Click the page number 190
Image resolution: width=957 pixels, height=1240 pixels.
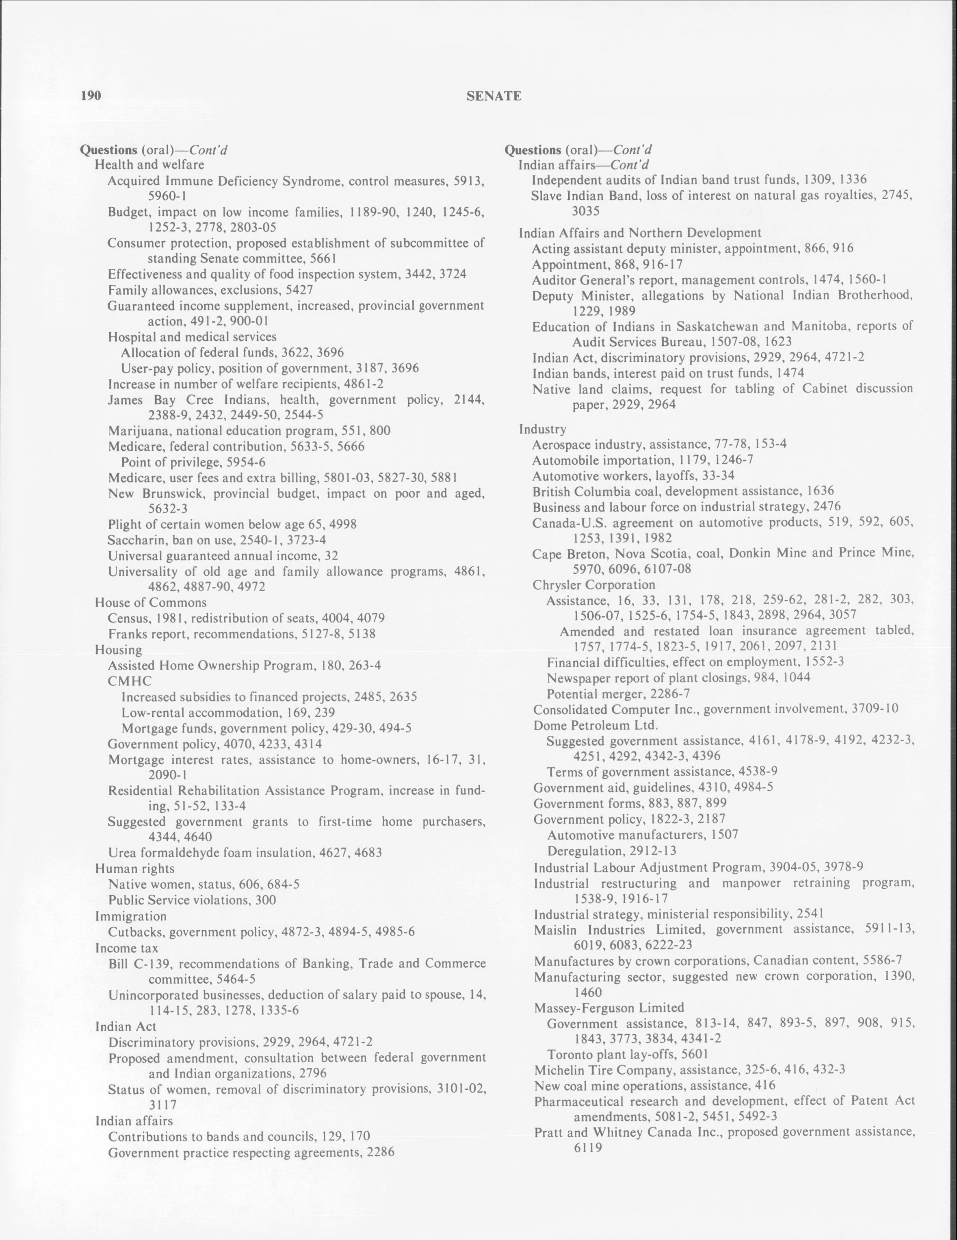pyautogui.click(x=91, y=95)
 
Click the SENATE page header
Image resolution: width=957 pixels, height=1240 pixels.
pyautogui.click(x=493, y=96)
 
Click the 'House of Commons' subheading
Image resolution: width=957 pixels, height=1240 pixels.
pyautogui.click(x=150, y=603)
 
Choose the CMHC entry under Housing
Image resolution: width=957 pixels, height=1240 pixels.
pyautogui.click(x=130, y=681)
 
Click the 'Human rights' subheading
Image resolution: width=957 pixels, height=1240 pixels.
pyautogui.click(x=134, y=869)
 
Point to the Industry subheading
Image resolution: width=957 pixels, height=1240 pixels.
pyautogui.click(x=542, y=429)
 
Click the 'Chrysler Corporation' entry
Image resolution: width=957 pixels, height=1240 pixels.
pyautogui.click(x=594, y=584)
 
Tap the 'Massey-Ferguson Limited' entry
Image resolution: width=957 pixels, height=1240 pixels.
pyautogui.click(x=609, y=1008)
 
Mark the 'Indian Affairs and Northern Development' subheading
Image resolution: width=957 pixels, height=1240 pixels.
pyautogui.click(x=640, y=233)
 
